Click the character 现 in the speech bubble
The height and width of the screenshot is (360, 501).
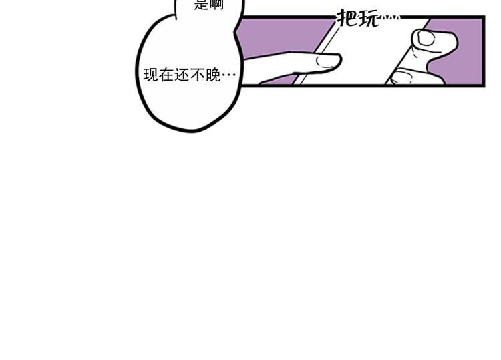coord(150,75)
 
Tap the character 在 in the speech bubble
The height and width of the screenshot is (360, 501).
coord(165,75)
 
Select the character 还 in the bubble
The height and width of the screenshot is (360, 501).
coord(180,75)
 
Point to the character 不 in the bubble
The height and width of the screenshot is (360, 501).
coord(196,75)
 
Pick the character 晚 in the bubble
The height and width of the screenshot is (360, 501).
coord(211,75)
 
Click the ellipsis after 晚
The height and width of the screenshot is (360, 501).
coord(228,75)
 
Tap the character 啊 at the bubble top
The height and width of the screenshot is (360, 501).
coord(217,5)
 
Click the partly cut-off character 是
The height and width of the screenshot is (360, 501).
coord(202,5)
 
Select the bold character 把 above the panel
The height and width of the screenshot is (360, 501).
coord(348,18)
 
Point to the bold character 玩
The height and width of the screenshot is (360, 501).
coord(368,18)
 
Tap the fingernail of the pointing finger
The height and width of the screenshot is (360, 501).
coord(328,62)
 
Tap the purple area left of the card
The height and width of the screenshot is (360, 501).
coord(281,37)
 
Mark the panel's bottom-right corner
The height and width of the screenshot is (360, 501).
coord(482,84)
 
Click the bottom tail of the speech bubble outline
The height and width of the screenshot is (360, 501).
coord(190,129)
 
